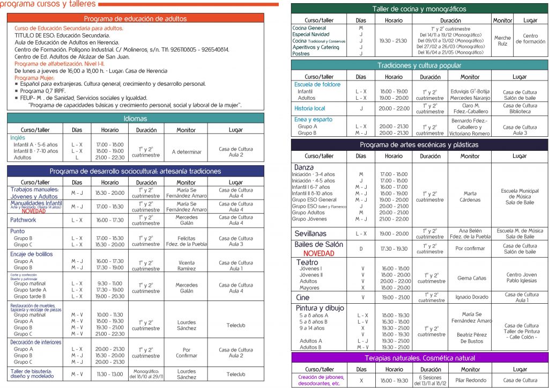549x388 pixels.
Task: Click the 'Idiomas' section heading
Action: [135, 119]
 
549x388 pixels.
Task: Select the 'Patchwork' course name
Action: [23, 220]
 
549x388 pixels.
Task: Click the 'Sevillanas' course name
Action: [310, 233]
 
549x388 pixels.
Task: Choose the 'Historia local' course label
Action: [310, 108]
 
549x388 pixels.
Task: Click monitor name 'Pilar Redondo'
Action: [470, 380]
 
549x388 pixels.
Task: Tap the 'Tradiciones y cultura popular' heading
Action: [419, 65]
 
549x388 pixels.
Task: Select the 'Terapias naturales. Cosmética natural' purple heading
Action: [419, 358]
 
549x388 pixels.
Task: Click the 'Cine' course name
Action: [302, 297]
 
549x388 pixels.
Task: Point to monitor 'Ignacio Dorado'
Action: [470, 297]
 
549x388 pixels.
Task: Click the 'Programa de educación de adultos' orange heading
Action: [135, 19]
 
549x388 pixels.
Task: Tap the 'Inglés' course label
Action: [18, 137]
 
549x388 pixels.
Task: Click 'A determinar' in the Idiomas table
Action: [187, 152]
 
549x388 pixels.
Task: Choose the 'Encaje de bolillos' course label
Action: [32, 254]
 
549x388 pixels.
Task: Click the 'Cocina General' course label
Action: [309, 28]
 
